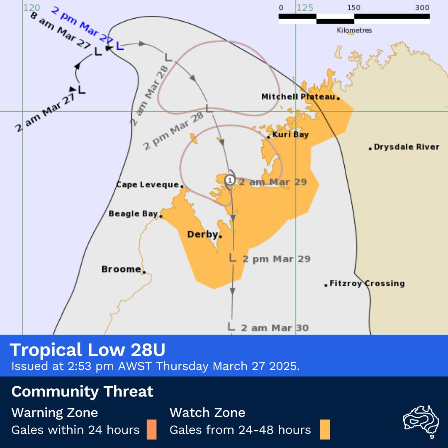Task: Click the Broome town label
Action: [x=121, y=269]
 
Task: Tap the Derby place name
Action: [x=202, y=234]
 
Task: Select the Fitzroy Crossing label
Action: [x=367, y=283]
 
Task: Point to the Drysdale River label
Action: [x=406, y=147]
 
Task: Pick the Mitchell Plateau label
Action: [x=298, y=97]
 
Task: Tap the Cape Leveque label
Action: [x=147, y=185]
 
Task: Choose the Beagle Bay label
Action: [x=133, y=214]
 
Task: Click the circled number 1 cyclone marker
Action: [x=230, y=180]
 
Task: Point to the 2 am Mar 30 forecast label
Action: [x=275, y=328]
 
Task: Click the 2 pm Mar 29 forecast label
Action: [x=276, y=259]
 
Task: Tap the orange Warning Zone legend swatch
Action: [x=151, y=429]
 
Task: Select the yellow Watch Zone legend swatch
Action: [x=325, y=429]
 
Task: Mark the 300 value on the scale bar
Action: [x=422, y=8]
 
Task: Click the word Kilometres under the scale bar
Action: [x=354, y=30]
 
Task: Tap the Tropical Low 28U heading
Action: [x=88, y=350]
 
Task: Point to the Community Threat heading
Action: [x=82, y=391]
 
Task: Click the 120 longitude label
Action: [x=31, y=8]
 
